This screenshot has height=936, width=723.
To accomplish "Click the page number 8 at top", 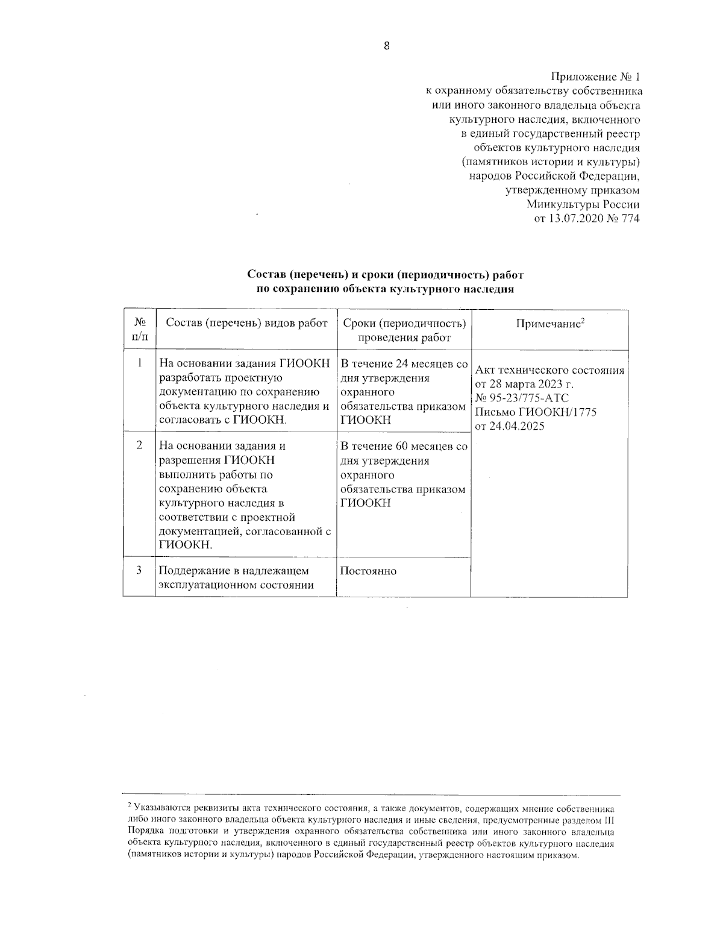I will [x=386, y=46].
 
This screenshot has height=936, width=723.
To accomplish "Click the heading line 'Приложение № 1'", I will [x=595, y=77].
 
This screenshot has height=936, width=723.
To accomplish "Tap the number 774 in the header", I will [x=629, y=218].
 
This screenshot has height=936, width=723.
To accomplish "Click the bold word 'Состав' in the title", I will [x=266, y=275].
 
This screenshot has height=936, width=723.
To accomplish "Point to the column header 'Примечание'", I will [x=548, y=324].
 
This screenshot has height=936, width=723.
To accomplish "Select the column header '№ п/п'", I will [x=139, y=330].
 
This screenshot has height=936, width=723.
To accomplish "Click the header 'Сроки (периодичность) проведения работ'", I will [x=404, y=330].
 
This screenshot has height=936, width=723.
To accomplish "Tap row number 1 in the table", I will [x=139, y=363].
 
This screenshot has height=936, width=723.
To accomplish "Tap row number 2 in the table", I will [x=139, y=445].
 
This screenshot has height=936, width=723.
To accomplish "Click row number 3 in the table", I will [x=139, y=570].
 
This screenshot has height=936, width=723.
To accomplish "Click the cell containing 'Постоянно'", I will [x=368, y=571].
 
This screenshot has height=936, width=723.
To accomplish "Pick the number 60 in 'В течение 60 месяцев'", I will [x=402, y=447].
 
